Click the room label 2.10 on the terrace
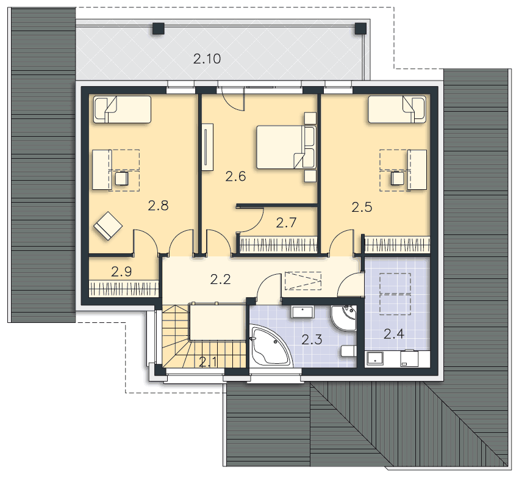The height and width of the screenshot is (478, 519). tap(207, 59)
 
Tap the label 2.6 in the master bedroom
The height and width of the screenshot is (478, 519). tap(235, 176)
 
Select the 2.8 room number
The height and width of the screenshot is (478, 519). tap(158, 206)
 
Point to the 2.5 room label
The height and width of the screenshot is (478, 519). tap(362, 208)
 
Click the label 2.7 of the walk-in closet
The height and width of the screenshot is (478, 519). tap(286, 223)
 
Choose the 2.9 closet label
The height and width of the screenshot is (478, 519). tap(121, 272)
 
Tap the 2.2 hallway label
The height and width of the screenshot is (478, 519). tap(220, 280)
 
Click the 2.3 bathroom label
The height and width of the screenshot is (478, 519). tap(312, 340)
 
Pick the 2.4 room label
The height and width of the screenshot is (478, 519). tap(394, 334)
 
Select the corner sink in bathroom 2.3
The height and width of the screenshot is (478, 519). tap(344, 317)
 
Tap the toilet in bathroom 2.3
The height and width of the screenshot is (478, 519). tap(348, 351)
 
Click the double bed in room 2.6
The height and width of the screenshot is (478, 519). tap(286, 147)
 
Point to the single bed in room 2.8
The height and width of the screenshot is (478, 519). tap(122, 109)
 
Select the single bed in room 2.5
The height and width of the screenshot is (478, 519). tap(397, 109)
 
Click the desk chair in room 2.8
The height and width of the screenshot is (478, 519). tap(122, 178)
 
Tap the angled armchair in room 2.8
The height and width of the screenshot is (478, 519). tap(108, 226)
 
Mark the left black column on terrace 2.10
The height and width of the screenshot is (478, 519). tap(159, 29)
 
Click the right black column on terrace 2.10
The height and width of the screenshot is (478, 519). tap(360, 29)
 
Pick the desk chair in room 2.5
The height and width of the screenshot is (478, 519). tap(397, 178)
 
